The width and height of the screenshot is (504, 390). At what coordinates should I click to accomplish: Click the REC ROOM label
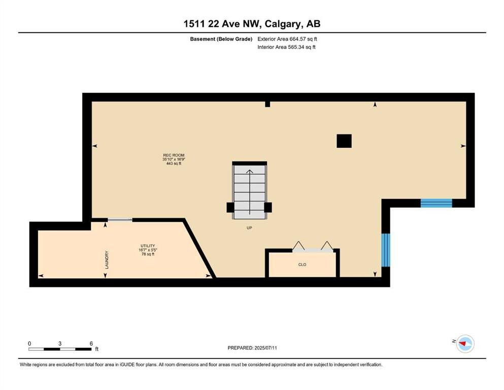pyautogui.click(x=174, y=155)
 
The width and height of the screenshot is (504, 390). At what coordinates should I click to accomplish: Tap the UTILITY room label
pyautogui.click(x=148, y=246)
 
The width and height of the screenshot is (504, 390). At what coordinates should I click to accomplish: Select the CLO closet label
pyautogui.click(x=302, y=265)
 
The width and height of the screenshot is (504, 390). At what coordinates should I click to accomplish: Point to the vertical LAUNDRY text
pyautogui.click(x=107, y=260)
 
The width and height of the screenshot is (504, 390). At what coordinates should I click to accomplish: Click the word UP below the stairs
pyautogui.click(x=249, y=228)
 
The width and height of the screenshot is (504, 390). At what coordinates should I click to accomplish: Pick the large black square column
pyautogui.click(x=344, y=141)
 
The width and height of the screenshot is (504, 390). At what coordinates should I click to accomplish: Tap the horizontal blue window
pyautogui.click(x=436, y=203)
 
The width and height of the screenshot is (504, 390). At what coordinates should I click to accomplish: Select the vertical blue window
pyautogui.click(x=386, y=250)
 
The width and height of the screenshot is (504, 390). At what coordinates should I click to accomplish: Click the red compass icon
pyautogui.click(x=465, y=344)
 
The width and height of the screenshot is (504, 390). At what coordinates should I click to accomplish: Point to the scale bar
pyautogui.click(x=60, y=349)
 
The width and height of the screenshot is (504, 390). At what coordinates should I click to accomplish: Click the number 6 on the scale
pyautogui.click(x=91, y=343)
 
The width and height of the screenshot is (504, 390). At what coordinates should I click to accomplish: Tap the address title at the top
pyautogui.click(x=252, y=24)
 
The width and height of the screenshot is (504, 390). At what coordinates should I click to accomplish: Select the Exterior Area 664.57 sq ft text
pyautogui.click(x=287, y=39)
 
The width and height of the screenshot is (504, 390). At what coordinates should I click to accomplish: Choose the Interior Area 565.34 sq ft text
pyautogui.click(x=286, y=47)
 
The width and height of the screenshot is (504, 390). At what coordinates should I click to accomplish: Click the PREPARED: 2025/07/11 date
pyautogui.click(x=252, y=348)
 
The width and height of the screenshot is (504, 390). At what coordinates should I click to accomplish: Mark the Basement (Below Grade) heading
pyautogui.click(x=221, y=39)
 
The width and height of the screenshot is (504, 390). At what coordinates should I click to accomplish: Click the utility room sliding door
pyautogui.click(x=120, y=220)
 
